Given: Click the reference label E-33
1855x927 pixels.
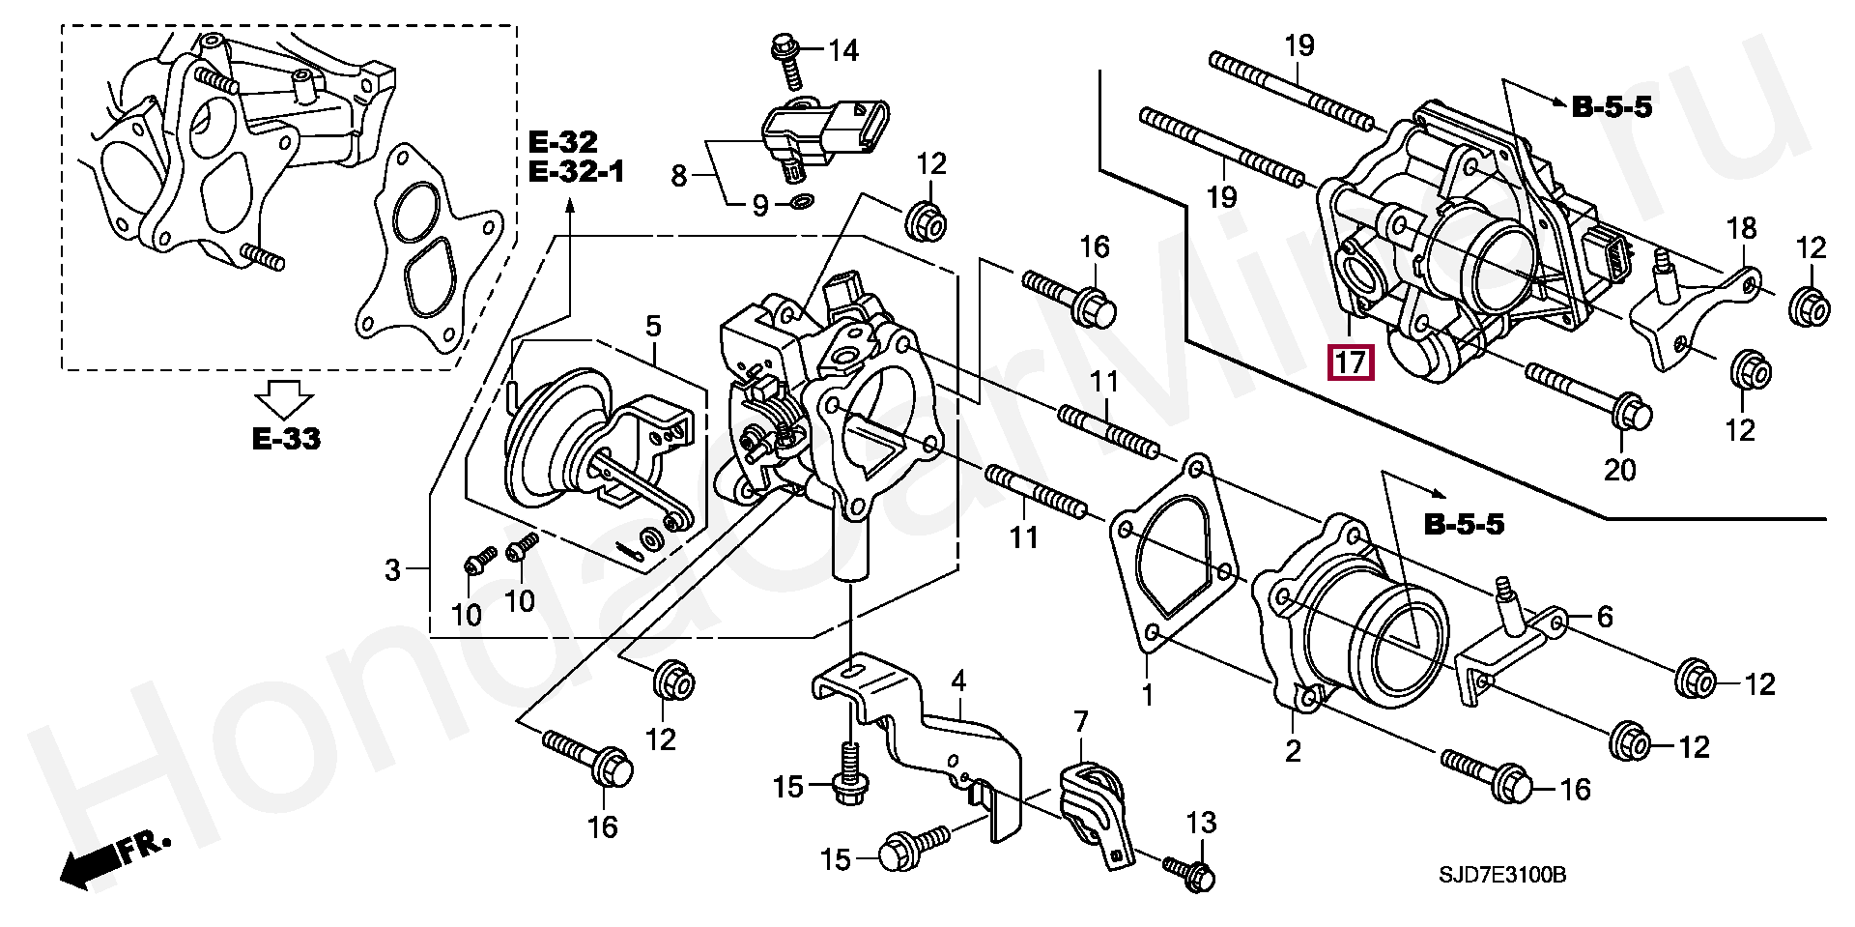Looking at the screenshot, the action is (x=287, y=438).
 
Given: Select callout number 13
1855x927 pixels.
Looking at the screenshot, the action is (x=1201, y=824).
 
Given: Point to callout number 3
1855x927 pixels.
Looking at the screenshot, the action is (x=391, y=570).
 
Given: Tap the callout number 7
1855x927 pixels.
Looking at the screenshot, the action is (x=1080, y=721).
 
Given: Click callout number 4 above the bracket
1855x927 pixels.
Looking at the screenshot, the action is (x=958, y=681).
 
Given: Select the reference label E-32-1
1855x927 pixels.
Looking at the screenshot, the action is (x=577, y=173).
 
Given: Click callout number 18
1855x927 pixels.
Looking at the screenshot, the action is (x=1741, y=229).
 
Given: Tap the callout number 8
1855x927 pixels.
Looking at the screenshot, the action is (x=679, y=176).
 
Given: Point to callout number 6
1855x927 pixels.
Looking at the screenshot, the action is (x=1604, y=616).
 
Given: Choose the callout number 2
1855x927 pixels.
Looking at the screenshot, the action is (x=1293, y=749).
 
